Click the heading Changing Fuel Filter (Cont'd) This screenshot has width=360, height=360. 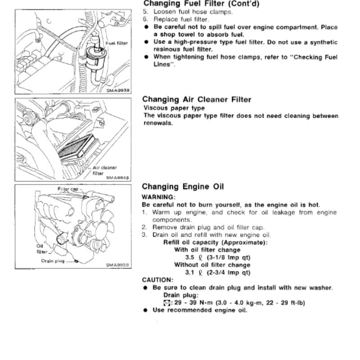201,4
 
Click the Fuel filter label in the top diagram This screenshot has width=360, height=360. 117,43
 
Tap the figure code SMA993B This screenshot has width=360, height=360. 118,90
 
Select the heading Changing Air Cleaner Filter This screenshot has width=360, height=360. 197,99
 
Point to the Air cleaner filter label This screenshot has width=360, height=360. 105,171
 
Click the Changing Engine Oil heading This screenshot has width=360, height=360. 183,186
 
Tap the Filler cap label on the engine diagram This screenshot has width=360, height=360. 68,189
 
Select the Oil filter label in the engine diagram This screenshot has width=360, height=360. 42,249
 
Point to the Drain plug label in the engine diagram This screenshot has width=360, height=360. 53,261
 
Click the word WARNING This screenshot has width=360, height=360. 158,197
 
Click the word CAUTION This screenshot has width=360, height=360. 157,280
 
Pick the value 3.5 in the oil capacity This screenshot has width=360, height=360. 189,257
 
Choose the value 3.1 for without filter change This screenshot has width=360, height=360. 189,273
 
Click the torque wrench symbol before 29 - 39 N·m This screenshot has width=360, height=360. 166,303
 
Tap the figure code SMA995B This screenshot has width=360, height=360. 117,265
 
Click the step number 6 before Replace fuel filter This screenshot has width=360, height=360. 144,19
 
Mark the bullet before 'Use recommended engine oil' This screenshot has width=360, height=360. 145,310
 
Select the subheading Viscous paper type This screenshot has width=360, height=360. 174,108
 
